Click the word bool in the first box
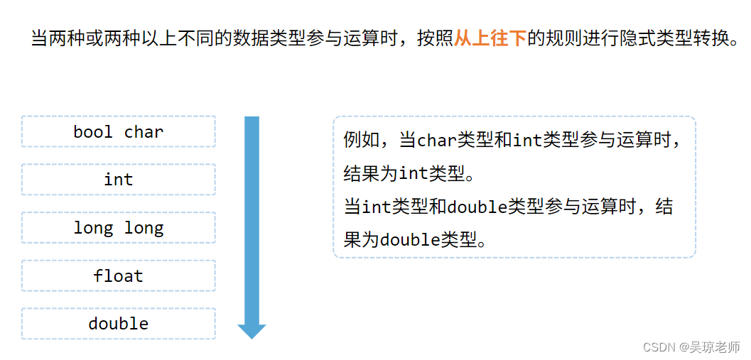point(92,132)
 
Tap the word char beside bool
point(144,132)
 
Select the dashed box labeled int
point(118,180)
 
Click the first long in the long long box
point(93,228)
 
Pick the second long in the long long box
point(144,228)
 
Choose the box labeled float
point(118,276)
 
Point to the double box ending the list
point(118,324)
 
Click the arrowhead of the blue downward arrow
point(252,331)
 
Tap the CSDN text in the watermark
point(658,347)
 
